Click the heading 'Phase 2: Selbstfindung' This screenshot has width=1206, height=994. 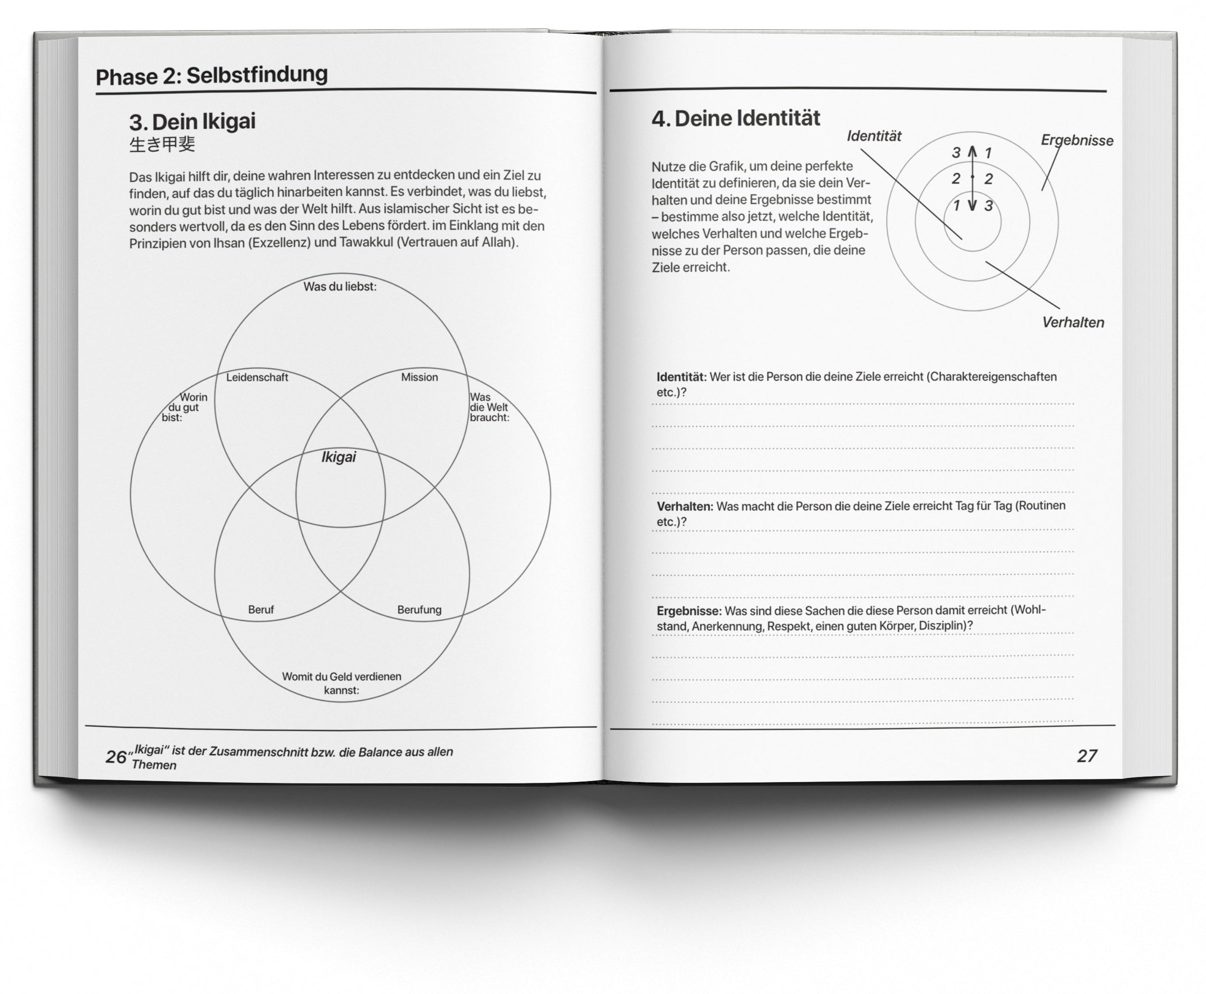[x=212, y=75]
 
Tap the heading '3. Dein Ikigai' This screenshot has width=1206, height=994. [x=192, y=122]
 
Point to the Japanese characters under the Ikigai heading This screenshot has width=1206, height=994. [x=162, y=144]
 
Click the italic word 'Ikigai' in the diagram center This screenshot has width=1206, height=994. [x=339, y=457]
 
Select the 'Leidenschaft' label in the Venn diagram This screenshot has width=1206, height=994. [x=257, y=377]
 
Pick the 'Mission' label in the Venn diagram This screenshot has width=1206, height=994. [x=419, y=377]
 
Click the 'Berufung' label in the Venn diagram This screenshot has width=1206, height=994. [x=419, y=610]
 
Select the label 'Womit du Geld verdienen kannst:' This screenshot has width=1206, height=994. [x=341, y=683]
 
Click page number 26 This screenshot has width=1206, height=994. [x=115, y=757]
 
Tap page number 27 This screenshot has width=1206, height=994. [x=1086, y=756]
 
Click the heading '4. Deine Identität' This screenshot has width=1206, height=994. [x=736, y=118]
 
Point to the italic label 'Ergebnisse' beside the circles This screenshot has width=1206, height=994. [x=1077, y=141]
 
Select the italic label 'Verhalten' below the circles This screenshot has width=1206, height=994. [x=1073, y=323]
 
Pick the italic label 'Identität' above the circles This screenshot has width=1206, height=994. [x=874, y=136]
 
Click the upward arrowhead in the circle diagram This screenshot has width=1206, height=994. [x=972, y=151]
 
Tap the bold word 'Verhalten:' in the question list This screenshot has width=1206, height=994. [x=684, y=507]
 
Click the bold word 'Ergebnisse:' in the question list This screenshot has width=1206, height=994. [x=688, y=611]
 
